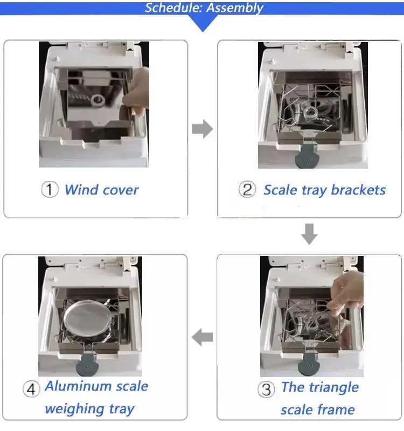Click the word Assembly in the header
(234, 8)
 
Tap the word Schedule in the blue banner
(174, 8)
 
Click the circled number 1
(50, 189)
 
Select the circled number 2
(247, 190)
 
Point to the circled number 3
(266, 389)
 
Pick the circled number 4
(31, 389)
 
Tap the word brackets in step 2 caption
(358, 190)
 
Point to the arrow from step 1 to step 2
(203, 129)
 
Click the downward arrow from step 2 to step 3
(309, 234)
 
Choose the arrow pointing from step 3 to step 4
(203, 337)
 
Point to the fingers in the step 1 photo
(137, 91)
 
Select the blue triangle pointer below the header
(203, 23)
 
